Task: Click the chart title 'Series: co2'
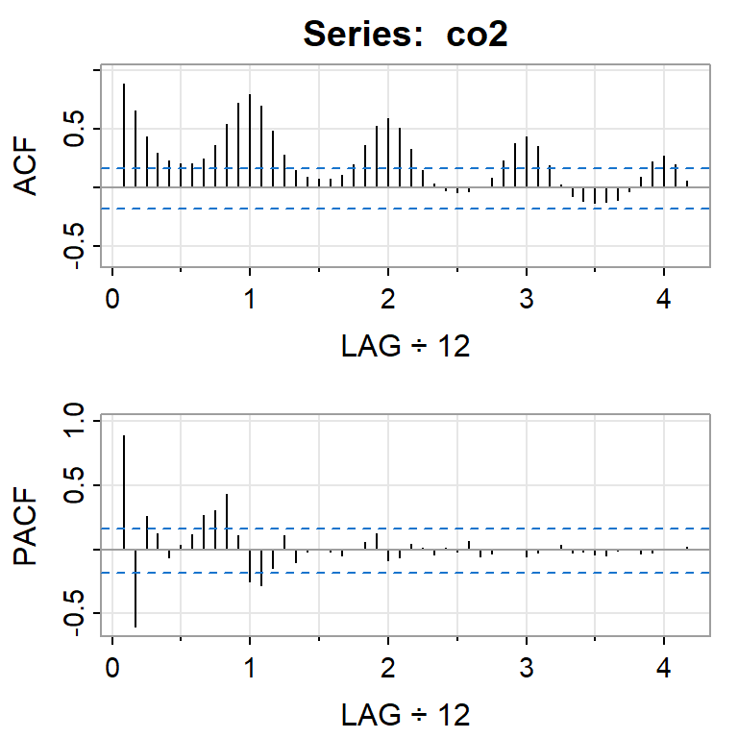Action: coord(405,35)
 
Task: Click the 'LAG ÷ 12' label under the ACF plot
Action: coord(406,347)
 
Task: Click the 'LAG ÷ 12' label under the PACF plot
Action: coord(406,714)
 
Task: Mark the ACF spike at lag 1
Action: coord(250,140)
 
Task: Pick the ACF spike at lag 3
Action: coord(527,161)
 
